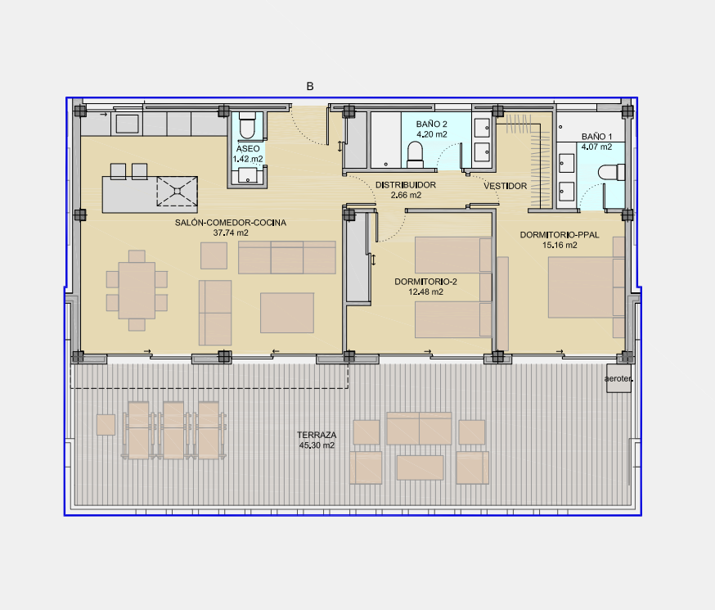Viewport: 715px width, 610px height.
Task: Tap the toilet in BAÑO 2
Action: click(415, 154)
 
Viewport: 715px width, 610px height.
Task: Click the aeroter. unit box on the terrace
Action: click(618, 378)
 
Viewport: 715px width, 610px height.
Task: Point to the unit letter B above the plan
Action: click(310, 86)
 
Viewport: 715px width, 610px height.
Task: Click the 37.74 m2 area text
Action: click(231, 233)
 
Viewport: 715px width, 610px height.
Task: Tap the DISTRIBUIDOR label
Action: click(406, 185)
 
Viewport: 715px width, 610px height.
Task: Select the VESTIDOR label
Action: click(506, 186)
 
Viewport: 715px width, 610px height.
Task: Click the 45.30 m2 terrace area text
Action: click(317, 445)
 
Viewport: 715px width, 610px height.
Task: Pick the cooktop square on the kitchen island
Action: click(177, 192)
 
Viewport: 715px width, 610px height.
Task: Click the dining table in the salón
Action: click(137, 290)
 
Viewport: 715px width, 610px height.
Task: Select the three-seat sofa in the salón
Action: click(287, 258)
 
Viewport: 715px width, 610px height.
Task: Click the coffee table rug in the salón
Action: click(287, 313)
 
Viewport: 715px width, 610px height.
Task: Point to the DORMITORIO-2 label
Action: click(425, 282)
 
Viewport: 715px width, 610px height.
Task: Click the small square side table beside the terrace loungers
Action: click(106, 425)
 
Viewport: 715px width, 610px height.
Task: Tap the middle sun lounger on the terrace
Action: click(173, 430)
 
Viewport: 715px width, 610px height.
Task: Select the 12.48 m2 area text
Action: click(425, 292)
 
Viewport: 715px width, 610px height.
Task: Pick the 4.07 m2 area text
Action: click(596, 147)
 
